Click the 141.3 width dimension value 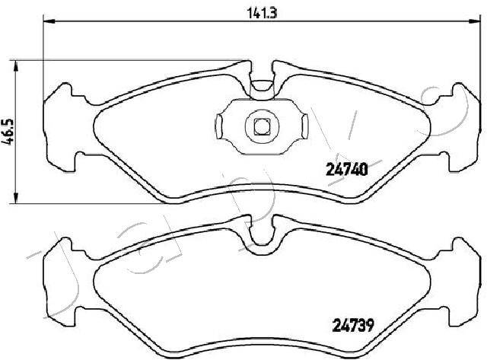[262, 13]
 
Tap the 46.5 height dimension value [8, 132]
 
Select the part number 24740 [347, 170]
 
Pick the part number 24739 [353, 325]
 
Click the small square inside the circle [262, 127]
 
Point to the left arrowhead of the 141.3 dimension [49, 21]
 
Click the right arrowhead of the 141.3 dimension [474, 21]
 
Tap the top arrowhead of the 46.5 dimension [16, 66]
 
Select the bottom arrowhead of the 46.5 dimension [16, 198]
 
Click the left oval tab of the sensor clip [219, 126]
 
